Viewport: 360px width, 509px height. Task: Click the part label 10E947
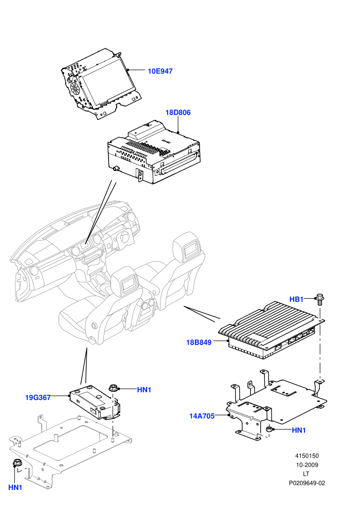(160, 71)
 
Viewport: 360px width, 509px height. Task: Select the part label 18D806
(178, 113)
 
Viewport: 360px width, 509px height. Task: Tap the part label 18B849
(199, 342)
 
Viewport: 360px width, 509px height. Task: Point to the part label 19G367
(38, 397)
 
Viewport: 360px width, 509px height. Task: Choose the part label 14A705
(202, 416)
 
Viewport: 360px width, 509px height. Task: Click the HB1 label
(296, 299)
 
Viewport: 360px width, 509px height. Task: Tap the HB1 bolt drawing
(320, 300)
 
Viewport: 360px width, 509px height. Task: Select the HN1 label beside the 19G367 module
(144, 390)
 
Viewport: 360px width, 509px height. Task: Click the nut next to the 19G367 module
(113, 387)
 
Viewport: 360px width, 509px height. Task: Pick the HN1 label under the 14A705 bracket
(299, 430)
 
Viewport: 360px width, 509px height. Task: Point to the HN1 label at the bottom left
(15, 487)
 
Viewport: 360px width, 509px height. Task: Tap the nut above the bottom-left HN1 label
(16, 463)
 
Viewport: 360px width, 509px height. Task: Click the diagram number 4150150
(307, 456)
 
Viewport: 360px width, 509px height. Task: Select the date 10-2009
(307, 465)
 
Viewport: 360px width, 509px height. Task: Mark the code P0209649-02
(307, 483)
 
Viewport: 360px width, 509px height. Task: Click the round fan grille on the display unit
(74, 87)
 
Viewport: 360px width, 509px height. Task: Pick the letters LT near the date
(306, 474)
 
